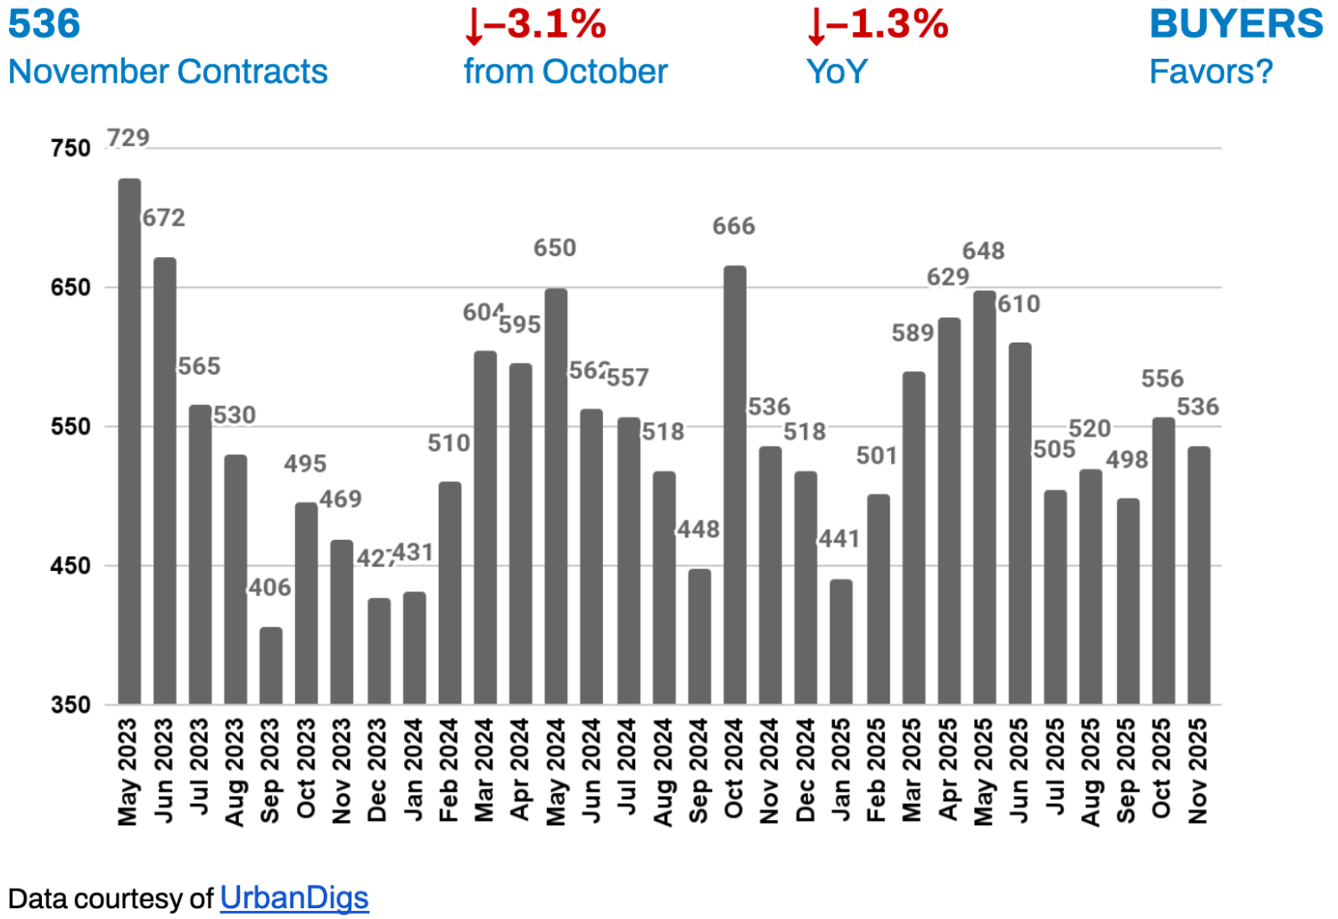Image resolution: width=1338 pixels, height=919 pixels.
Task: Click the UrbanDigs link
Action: [x=294, y=898]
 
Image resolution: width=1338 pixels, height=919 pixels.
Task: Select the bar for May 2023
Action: [x=129, y=442]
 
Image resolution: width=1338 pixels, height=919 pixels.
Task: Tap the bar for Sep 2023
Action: [x=271, y=666]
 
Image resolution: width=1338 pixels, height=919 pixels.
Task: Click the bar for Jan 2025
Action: [x=841, y=642]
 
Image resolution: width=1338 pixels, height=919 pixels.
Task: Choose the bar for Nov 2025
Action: [x=1199, y=575]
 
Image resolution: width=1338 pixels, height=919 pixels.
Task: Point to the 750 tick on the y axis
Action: [x=71, y=148]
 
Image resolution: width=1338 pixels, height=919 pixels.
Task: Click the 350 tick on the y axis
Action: [x=71, y=705]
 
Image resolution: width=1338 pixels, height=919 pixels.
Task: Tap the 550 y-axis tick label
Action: [x=71, y=426]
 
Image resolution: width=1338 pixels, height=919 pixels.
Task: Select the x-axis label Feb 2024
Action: [x=448, y=770]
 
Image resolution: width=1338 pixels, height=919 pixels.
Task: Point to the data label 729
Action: [x=128, y=138]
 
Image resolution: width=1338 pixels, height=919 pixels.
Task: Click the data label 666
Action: [x=733, y=227]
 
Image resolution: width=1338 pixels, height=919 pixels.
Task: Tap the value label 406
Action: [x=270, y=588]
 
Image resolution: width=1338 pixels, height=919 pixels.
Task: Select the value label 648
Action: [x=983, y=252]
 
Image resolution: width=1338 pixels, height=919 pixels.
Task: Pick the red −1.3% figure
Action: [x=878, y=25]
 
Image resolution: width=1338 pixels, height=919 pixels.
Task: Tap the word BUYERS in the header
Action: [x=1236, y=24]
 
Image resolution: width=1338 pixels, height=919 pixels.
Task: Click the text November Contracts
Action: [x=169, y=72]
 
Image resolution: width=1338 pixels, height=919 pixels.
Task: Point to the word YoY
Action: [x=837, y=72]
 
